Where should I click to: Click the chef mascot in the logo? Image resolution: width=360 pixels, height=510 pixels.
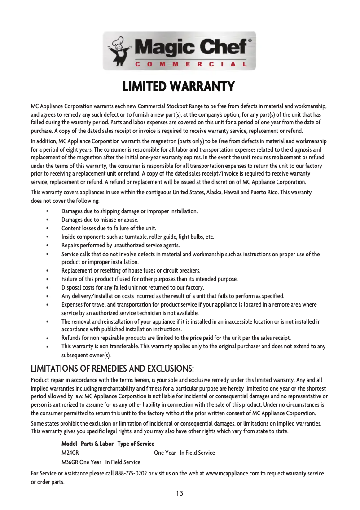click(119, 50)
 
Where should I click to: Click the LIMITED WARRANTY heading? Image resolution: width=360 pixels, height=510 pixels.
click(179, 86)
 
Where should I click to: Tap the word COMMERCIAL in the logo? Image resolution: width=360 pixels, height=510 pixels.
click(191, 64)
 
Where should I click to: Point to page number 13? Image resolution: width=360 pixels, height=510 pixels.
click(179, 493)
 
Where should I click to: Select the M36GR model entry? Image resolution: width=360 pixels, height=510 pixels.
click(70, 462)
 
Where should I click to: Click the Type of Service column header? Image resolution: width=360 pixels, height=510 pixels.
click(135, 444)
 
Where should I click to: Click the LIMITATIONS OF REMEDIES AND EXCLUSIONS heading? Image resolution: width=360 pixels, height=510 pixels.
click(112, 369)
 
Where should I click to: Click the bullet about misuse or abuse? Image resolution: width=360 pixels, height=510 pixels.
click(100, 220)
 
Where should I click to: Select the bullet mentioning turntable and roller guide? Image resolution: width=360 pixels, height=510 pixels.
click(137, 237)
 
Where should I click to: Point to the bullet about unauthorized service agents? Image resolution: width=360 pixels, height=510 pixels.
click(120, 245)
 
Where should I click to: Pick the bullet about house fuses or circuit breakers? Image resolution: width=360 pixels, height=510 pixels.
click(131, 270)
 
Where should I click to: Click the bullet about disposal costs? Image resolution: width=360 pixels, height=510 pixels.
click(132, 287)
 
